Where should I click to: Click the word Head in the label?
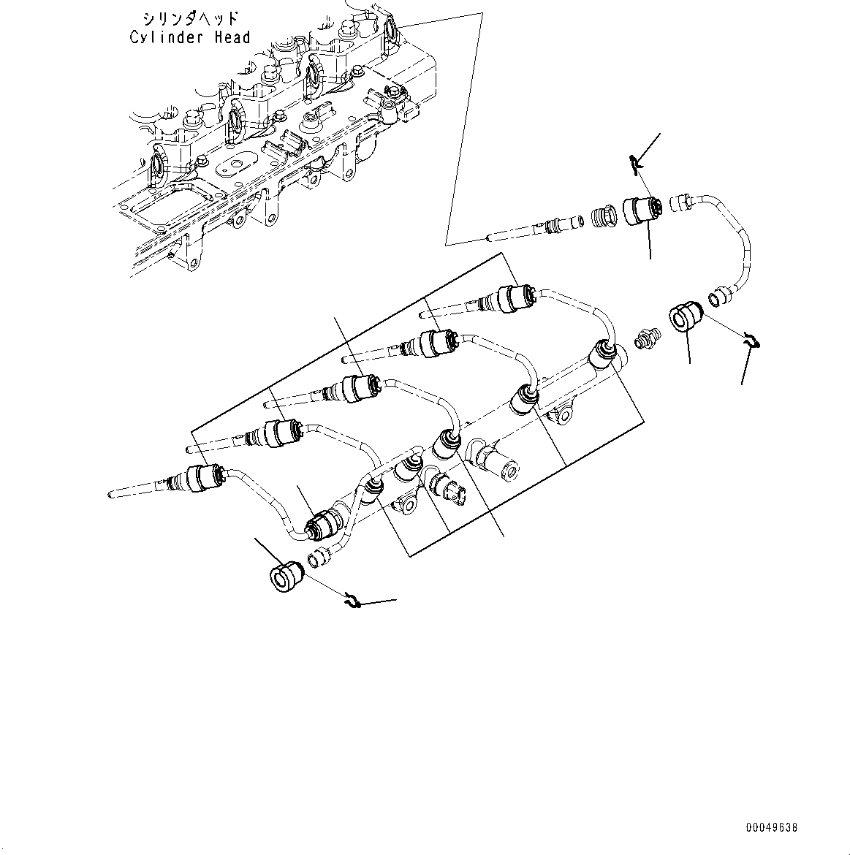[232, 37]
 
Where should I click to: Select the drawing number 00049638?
[771, 827]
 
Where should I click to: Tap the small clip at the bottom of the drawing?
[354, 601]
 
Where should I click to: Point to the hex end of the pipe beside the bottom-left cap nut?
[318, 559]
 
